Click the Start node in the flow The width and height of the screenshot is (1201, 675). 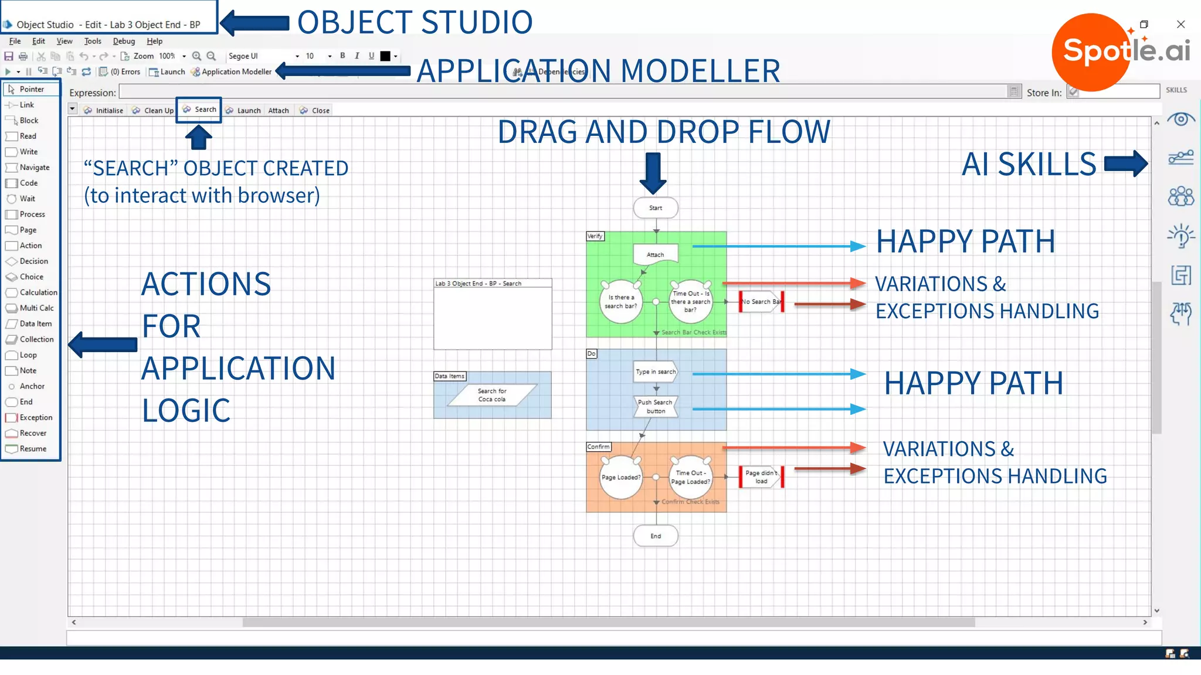tap(656, 208)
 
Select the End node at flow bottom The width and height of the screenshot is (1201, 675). tap(656, 536)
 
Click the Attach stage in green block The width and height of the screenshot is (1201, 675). tap(656, 254)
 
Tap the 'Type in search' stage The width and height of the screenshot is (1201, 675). tap(656, 371)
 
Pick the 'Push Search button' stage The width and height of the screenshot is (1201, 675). tap(656, 407)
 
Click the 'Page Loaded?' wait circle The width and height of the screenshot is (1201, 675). tap(620, 477)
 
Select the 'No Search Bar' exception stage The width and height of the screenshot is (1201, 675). tap(761, 302)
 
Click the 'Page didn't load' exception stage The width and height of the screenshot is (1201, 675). tap(761, 477)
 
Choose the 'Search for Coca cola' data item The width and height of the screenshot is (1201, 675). tap(492, 395)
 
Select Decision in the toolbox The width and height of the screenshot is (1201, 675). tap(33, 261)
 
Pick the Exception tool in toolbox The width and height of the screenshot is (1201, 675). tap(35, 418)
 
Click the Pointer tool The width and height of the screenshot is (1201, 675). tap(31, 89)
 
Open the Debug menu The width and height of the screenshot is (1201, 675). tap(124, 41)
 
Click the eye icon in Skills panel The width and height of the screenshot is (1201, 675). tap(1180, 120)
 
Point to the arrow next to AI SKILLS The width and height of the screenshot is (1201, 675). tap(1125, 163)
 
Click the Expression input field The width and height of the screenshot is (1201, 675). tap(563, 92)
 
